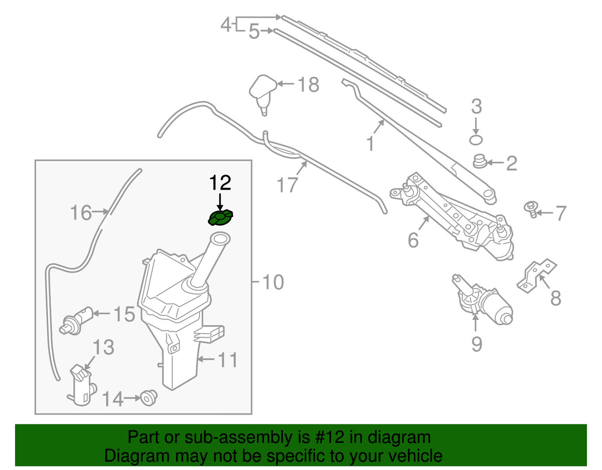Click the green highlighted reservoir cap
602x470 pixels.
[x=220, y=217]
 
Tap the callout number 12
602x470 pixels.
[x=220, y=182]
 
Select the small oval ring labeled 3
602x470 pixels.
[x=476, y=140]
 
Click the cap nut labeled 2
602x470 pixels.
[x=480, y=161]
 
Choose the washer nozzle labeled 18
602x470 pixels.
[x=263, y=94]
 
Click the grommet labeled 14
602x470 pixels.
[x=149, y=398]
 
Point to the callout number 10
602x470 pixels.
[x=273, y=282]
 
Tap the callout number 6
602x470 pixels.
[x=413, y=240]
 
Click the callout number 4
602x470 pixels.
[x=226, y=25]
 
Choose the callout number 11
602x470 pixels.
[x=227, y=360]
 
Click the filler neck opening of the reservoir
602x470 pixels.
[x=220, y=239]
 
